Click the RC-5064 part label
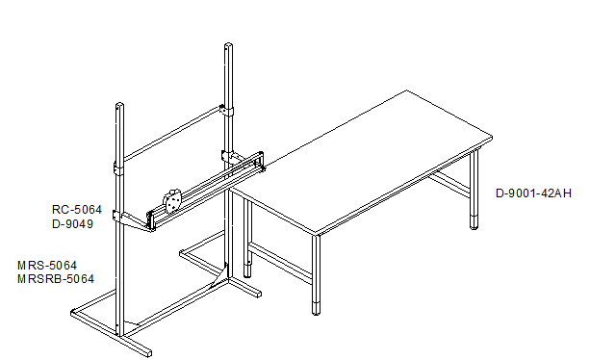click(77, 210)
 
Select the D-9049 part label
click(72, 224)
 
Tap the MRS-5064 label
click(47, 266)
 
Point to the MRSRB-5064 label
click(56, 279)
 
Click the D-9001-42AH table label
click(533, 193)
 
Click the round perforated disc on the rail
click(172, 201)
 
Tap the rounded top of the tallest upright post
click(228, 46)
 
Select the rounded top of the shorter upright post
click(119, 106)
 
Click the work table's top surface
click(361, 163)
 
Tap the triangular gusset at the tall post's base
click(220, 276)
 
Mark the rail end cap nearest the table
click(260, 162)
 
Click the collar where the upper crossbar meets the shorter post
click(118, 168)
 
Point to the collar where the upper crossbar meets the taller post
click(227, 111)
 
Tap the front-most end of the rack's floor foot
click(149, 353)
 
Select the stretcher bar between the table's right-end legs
click(449, 184)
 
